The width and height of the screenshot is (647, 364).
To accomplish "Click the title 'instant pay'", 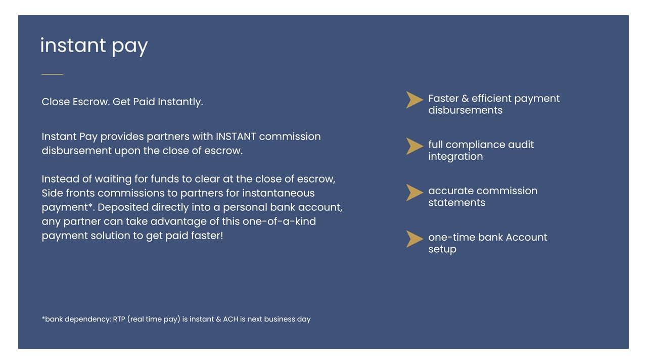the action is pos(94,46).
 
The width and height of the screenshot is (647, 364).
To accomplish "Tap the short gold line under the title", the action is pos(52,74).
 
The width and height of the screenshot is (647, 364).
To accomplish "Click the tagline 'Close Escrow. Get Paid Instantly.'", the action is pos(122,102).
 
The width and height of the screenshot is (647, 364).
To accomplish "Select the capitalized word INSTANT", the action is pos(236,136).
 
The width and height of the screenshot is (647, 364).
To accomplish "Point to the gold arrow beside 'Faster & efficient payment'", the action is pos(414,100).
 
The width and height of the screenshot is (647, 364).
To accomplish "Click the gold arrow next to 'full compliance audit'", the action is pos(414,146).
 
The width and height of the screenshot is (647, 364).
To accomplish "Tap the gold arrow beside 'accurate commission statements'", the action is pos(414,193).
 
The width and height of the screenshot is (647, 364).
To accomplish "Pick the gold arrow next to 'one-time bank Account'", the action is pos(414,239).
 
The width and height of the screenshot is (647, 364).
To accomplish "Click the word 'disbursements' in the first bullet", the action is pos(466,110).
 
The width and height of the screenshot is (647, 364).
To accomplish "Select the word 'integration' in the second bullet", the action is pos(455,157).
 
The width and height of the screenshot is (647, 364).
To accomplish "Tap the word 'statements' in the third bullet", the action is pos(456,203).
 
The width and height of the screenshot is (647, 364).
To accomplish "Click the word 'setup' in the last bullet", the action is pos(442,249).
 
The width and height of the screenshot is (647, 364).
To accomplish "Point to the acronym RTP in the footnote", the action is pos(119,319).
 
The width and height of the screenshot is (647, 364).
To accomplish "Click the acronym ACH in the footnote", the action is pos(230,319).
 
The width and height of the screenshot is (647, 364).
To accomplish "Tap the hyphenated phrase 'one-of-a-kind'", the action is pos(279,221).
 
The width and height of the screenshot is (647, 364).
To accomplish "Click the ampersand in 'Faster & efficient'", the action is pos(465,99).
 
